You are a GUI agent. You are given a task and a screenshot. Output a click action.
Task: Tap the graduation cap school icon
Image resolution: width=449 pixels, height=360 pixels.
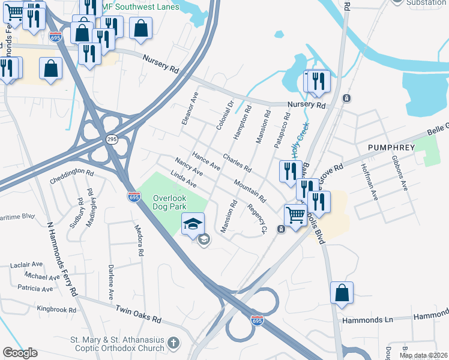pyautogui.click(x=193, y=224)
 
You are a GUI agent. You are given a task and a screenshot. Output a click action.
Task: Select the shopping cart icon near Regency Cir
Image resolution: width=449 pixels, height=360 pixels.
pyautogui.click(x=295, y=214)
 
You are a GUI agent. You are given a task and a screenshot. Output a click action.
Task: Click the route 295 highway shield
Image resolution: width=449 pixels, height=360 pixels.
pyautogui.click(x=112, y=139)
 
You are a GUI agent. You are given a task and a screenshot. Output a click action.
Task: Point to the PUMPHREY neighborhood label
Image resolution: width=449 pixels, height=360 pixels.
pyautogui.click(x=391, y=148)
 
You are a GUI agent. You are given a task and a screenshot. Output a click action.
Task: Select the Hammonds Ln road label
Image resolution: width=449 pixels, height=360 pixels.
pyautogui.click(x=366, y=320)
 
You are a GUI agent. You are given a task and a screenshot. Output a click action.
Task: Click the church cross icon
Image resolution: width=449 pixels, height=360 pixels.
pyautogui.click(x=173, y=343)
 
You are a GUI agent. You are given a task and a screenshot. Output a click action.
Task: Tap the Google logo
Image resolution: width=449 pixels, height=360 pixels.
pyautogui.click(x=20, y=353)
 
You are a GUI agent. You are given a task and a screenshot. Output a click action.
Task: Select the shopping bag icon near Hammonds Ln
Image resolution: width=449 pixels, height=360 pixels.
pyautogui.click(x=342, y=293)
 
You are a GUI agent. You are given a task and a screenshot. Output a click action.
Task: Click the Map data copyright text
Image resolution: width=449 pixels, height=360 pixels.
pyautogui.click(x=423, y=355)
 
